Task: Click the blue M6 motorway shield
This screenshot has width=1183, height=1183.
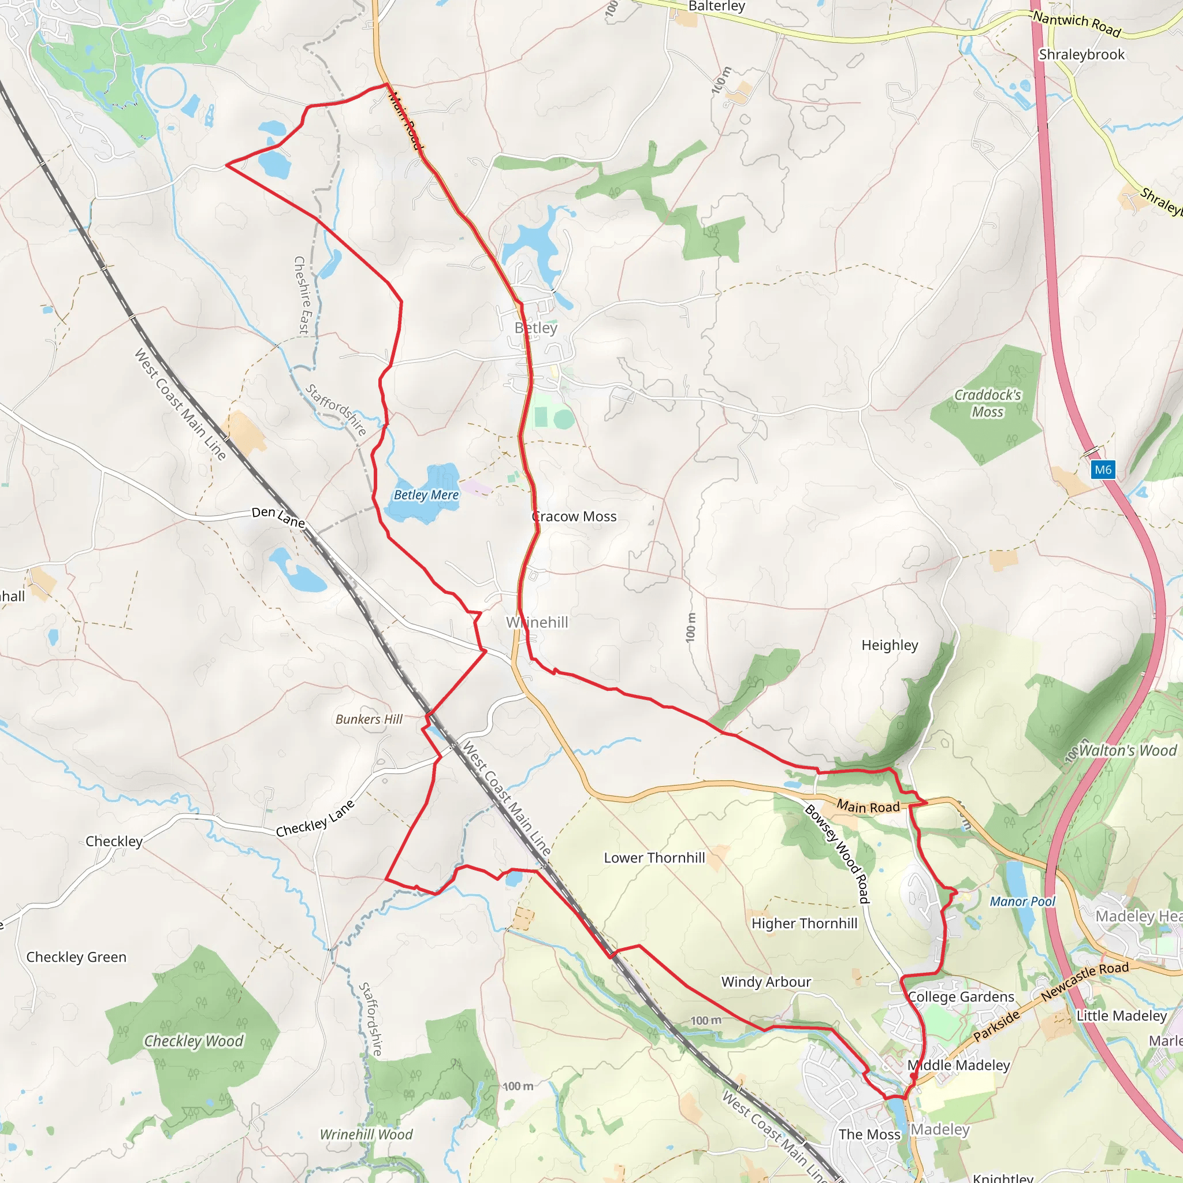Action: pos(1102,470)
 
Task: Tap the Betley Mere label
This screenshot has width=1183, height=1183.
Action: pos(426,495)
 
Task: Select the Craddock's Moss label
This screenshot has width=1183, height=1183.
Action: pos(988,404)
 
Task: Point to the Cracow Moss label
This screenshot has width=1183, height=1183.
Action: pos(574,517)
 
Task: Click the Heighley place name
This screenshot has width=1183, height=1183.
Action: pos(890,645)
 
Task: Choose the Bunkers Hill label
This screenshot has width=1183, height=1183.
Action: pos(369,720)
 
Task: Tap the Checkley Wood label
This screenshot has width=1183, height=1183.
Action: pos(194,1041)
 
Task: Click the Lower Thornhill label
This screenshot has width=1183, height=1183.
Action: pos(654,858)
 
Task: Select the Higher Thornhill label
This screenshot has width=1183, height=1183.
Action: pos(805,924)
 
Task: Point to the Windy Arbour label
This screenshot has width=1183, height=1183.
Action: pos(766,982)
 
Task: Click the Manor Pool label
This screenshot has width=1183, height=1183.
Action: pos(1022,901)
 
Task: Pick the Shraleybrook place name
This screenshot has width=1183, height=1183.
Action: pos(1081,54)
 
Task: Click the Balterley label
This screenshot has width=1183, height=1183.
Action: pos(716,6)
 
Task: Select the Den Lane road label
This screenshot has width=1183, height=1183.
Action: pos(278,517)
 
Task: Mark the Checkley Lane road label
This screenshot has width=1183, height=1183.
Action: pos(315,819)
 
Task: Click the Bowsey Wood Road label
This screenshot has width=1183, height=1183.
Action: pos(837,854)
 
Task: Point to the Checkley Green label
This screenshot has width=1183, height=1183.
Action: pos(77,957)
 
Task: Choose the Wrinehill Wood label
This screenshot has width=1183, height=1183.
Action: pos(366,1134)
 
